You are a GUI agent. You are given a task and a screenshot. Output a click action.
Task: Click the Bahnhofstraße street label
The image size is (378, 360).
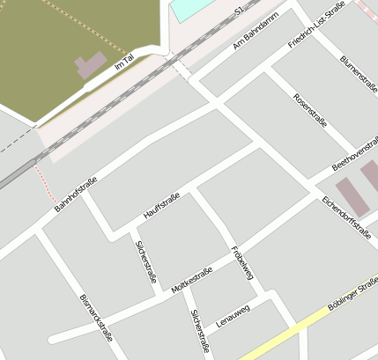[75, 195]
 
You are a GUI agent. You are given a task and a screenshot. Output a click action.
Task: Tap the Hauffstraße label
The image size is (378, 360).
[161, 205]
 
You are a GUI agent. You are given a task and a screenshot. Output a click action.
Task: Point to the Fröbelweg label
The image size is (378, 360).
[242, 261]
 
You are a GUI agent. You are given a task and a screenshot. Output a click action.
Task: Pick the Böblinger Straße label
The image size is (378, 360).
[352, 295]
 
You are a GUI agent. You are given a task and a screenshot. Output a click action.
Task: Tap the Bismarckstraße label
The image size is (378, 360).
[95, 317]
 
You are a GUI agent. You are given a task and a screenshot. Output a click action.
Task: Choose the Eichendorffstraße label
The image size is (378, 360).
[346, 218]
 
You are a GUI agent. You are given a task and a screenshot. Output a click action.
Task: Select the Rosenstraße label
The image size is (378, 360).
[310, 110]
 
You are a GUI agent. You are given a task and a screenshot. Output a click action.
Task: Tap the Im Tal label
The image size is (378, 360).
[124, 63]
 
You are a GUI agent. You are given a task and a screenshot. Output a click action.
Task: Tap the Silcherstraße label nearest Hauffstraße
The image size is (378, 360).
[146, 261]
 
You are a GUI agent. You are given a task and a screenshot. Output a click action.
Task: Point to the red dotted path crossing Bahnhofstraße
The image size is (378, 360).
[45, 184]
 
